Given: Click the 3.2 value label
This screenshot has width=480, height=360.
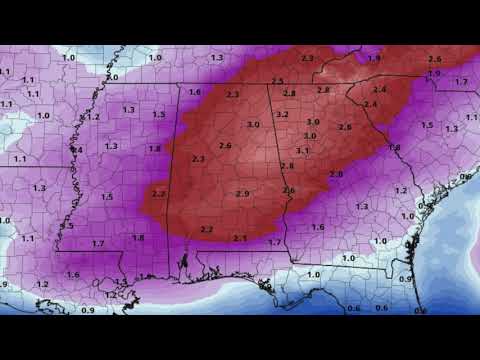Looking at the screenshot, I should coord(282,115).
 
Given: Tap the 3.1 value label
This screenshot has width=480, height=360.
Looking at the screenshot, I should coord(302,150).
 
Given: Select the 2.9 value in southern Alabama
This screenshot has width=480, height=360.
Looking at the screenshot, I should coord(242,193).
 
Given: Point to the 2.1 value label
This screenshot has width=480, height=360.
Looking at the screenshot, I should coord(240,238).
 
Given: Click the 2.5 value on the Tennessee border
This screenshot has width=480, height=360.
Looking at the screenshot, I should coord(277,81).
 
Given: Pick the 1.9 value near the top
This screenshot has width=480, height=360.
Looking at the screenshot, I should coord(374,58).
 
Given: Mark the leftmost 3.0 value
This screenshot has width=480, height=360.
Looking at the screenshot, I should coord(253,124).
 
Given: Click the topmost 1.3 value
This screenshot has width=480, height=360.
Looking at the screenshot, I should coord(217,58).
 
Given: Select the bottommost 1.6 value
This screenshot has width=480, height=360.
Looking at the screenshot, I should coord(73,274).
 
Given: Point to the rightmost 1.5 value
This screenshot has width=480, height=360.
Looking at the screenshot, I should coord(427,125).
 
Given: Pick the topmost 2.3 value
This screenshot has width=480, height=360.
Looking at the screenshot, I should coord(306,59).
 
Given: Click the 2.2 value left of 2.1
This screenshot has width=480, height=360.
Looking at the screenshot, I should coord(206,230).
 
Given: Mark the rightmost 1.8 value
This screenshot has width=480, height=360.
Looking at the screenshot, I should coord(394,147).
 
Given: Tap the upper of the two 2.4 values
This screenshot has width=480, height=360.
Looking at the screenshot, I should coord(379,90).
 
